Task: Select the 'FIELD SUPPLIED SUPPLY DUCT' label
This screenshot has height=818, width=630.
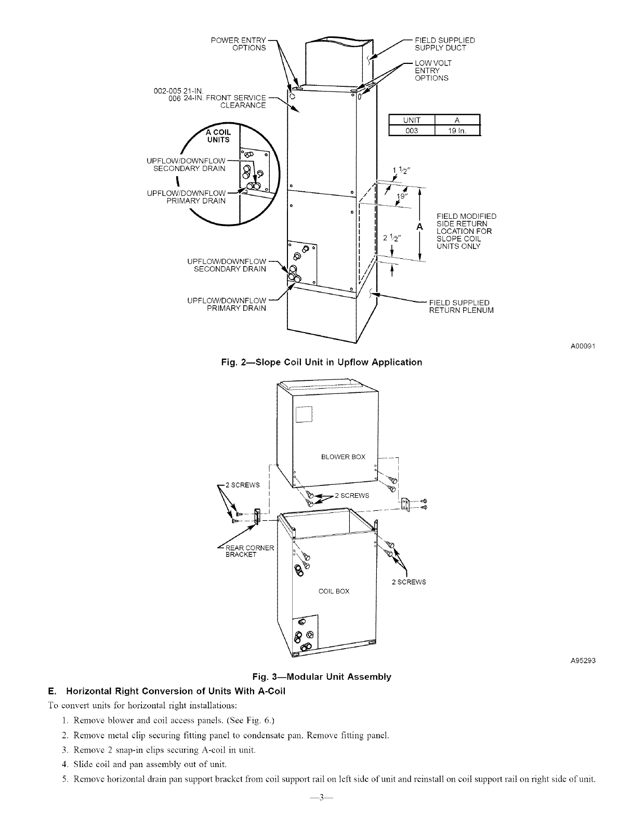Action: pos(444,44)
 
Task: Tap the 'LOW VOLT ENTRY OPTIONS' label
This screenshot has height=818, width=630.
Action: pos(432,70)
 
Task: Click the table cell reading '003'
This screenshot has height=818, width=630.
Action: pos(412,130)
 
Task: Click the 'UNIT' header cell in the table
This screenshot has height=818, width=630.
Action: pos(412,121)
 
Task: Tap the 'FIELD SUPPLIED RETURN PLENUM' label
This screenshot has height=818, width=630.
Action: pos(461,307)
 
